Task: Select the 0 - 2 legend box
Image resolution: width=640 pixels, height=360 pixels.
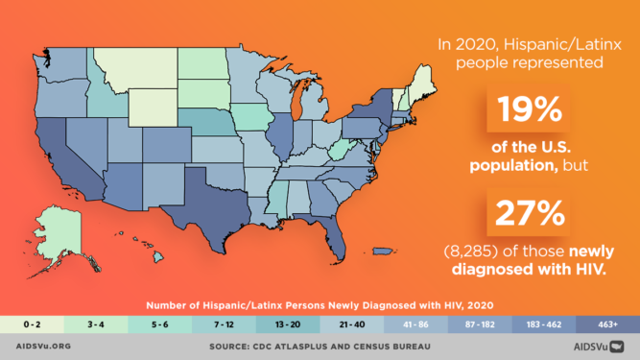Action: pos(32,324)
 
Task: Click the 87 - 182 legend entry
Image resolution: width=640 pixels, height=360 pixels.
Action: pos(480,324)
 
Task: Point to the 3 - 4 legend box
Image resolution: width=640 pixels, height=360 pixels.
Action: pos(96,324)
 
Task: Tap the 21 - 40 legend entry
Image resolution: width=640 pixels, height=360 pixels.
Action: pos(351,324)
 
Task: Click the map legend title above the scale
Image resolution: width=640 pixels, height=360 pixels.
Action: pos(319,304)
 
